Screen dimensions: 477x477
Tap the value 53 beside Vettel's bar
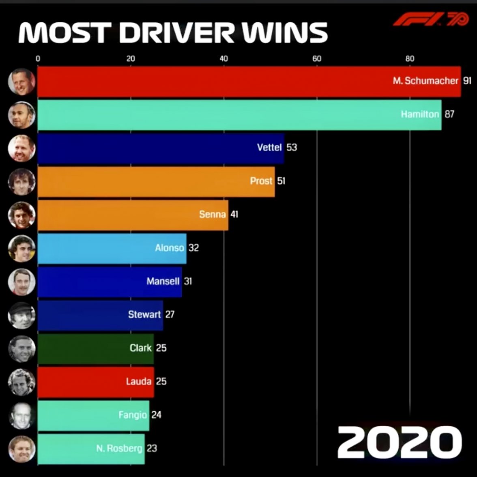[292, 147]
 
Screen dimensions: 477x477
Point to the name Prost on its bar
[261, 181]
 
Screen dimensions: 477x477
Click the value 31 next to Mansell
[188, 281]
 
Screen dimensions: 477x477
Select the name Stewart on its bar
[144, 314]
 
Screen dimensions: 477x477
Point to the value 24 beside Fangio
[156, 415]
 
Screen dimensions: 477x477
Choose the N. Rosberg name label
[119, 449]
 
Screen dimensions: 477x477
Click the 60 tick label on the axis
[317, 58]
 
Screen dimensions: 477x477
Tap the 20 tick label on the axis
[131, 58]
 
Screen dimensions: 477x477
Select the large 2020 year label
[399, 441]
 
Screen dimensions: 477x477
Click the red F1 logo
[430, 19]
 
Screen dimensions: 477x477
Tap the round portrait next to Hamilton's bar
[22, 115]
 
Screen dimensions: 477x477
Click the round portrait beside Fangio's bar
[22, 415]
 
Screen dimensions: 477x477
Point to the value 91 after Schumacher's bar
[467, 81]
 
